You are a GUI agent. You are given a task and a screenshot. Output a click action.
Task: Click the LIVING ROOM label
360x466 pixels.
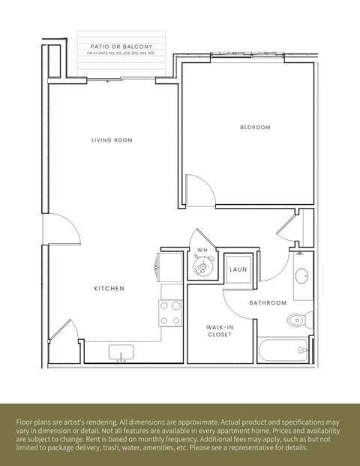pyautogui.click(x=112, y=140)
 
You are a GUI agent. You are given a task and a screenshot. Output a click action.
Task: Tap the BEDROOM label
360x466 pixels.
pyautogui.click(x=255, y=128)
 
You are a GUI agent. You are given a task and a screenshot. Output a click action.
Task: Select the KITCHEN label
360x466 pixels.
pyautogui.click(x=109, y=289)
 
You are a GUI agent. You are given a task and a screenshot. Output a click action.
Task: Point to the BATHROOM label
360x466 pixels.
pyautogui.click(x=268, y=303)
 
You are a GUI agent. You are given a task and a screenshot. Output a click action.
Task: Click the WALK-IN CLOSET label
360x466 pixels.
pyautogui.click(x=220, y=331)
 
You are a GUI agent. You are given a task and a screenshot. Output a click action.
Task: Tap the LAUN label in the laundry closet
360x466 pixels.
pyautogui.click(x=238, y=269)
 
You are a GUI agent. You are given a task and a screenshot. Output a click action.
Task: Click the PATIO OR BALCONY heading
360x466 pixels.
pyautogui.click(x=121, y=47)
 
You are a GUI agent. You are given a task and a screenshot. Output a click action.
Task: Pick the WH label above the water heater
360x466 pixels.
pyautogui.click(x=202, y=250)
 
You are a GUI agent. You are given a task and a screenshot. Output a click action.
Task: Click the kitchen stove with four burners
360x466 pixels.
pyautogui.click(x=171, y=313)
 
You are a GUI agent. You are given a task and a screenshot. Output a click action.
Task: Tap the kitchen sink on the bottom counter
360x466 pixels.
pyautogui.click(x=121, y=353)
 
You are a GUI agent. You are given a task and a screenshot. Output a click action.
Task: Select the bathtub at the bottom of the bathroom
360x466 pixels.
pyautogui.click(x=283, y=351)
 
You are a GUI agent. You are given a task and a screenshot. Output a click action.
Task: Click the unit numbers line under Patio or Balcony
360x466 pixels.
pyautogui.click(x=121, y=54)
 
